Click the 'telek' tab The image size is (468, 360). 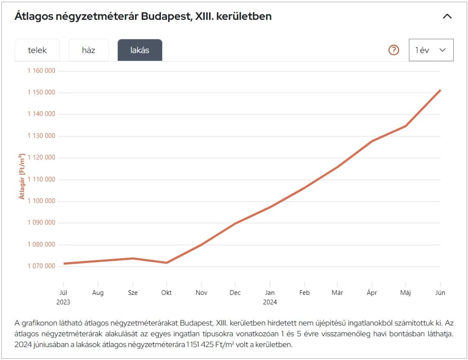coord(37,50)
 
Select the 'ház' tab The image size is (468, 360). coord(88,50)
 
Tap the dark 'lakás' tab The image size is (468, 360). coord(140,50)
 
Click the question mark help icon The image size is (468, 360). coord(394,50)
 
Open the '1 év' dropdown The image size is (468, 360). coord(431,50)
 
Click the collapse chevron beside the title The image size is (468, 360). coord(447,16)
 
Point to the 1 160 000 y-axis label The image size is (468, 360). coord(41,71)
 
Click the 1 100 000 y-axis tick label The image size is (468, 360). coord(41,201)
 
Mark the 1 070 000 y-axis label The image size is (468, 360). coord(41,266)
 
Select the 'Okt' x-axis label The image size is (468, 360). coord(166,292)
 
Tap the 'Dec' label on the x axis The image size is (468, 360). coord(235,292)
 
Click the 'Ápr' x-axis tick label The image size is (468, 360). coord(372,292)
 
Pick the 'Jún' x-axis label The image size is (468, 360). coord(440,292)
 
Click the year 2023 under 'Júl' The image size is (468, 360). coord(63,302)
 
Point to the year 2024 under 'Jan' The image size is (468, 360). coord(270,302)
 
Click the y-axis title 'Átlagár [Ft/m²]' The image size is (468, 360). coord(22,176)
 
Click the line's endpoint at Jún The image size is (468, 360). coord(440,90)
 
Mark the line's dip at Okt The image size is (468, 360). coord(166,263)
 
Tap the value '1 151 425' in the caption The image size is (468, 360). coord(203,345)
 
